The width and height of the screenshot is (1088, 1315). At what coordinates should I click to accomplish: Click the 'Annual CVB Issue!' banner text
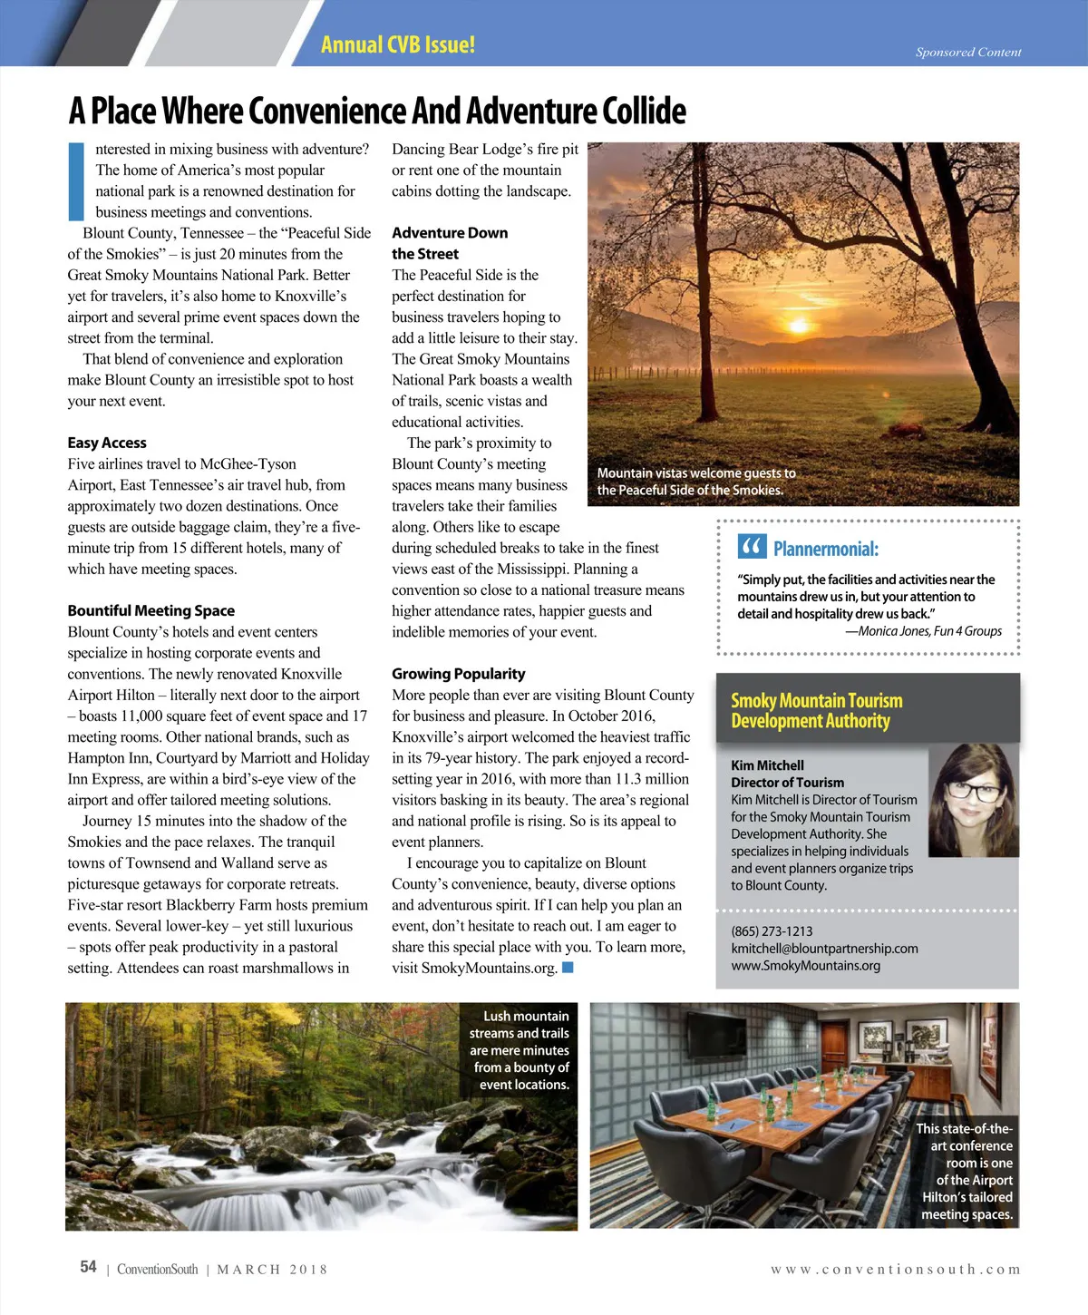pos(397,44)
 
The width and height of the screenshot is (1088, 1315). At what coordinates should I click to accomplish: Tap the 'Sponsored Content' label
pos(968,53)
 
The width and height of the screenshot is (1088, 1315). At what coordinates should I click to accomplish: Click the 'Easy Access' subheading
pos(107,443)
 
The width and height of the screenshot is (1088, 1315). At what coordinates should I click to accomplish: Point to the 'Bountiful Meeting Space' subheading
pos(151,610)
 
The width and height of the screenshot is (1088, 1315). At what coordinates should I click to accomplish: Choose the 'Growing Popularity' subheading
pos(458,674)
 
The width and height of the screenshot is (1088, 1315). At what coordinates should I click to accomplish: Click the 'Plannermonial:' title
pos(825,549)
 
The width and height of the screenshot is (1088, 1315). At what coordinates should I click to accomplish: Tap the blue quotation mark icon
pos(752,547)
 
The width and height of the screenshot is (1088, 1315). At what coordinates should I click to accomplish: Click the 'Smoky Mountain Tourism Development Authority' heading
pos(816,711)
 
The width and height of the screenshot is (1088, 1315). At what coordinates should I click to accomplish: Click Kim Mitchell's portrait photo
pos(974,800)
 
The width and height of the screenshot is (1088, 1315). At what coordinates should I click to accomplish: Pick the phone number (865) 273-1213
pos(772,931)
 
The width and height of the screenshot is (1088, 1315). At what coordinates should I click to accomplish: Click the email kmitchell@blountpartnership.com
pos(824,949)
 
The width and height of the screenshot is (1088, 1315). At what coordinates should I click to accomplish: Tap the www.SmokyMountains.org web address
pos(805,966)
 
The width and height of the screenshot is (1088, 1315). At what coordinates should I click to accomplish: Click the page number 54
pos(88,1267)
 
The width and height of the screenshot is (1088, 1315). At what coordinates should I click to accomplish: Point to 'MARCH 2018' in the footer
pos(272,1270)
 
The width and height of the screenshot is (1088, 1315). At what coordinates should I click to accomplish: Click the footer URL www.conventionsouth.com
pos(895,1270)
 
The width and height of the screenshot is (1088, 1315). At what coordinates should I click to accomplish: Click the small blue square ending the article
pos(568,968)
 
